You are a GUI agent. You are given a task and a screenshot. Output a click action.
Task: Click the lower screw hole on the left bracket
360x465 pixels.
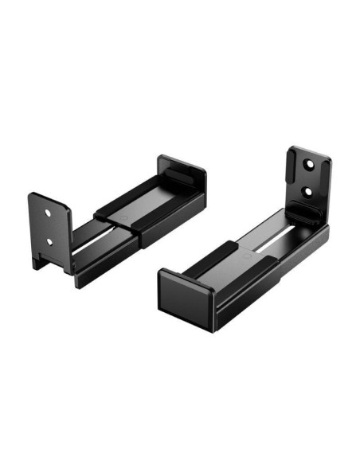pos(49,240)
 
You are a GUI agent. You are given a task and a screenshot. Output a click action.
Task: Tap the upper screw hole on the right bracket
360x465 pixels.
pos(308,166)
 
